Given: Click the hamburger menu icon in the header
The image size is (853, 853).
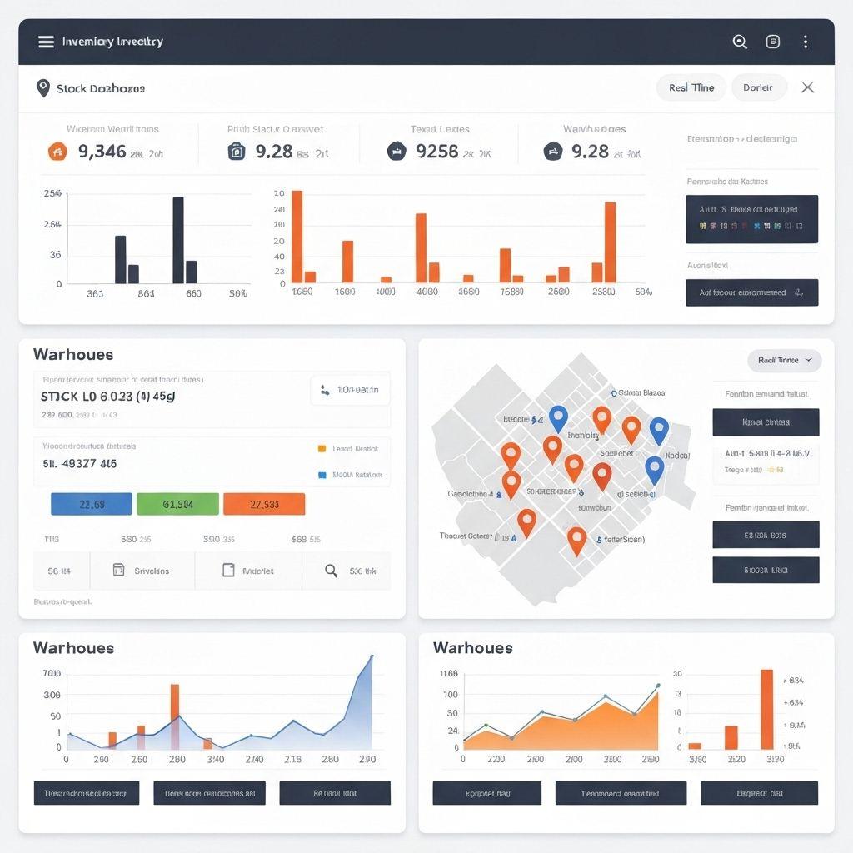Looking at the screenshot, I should tap(46, 42).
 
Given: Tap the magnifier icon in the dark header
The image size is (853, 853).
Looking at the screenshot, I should tap(739, 42).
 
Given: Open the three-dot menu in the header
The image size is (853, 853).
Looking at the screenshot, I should tap(805, 42).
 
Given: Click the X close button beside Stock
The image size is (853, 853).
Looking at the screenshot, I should tap(807, 87).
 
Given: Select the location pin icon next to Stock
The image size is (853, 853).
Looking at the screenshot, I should tap(43, 87).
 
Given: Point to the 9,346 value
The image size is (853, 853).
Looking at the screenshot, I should tap(102, 152).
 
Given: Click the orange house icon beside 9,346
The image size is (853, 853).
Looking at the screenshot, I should tap(57, 152).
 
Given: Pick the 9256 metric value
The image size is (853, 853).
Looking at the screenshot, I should tap(436, 152).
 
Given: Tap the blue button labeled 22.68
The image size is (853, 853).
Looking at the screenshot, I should tap(92, 504).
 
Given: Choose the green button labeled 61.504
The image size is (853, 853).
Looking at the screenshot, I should tap(177, 504).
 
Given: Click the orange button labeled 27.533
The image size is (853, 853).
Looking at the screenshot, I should tap(264, 504).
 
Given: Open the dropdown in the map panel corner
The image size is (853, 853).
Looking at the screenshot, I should tap(784, 360).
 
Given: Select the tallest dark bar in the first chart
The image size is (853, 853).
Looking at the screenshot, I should tap(178, 240).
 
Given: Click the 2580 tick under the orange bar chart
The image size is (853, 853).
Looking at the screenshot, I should tap(602, 292).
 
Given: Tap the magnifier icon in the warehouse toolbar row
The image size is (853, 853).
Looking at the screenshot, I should tap(331, 571).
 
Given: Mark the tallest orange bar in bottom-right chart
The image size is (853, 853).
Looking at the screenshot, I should tap(766, 709).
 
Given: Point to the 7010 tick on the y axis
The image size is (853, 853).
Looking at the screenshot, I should tap(51, 673).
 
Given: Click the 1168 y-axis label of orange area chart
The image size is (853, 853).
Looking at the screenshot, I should tap(448, 673).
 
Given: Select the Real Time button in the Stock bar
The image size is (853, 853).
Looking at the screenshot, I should tap(691, 87).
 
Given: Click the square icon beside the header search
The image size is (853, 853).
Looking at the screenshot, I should tap(772, 42).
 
